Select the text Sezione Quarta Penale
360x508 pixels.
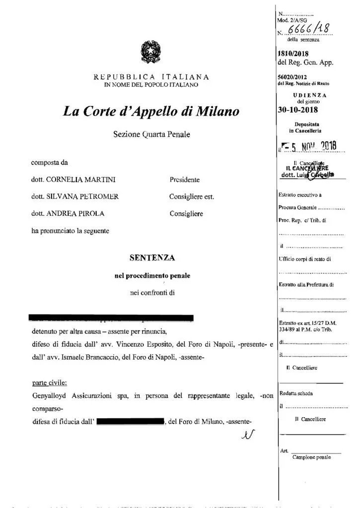[151, 134]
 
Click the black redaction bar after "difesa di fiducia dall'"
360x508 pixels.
[130, 422]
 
